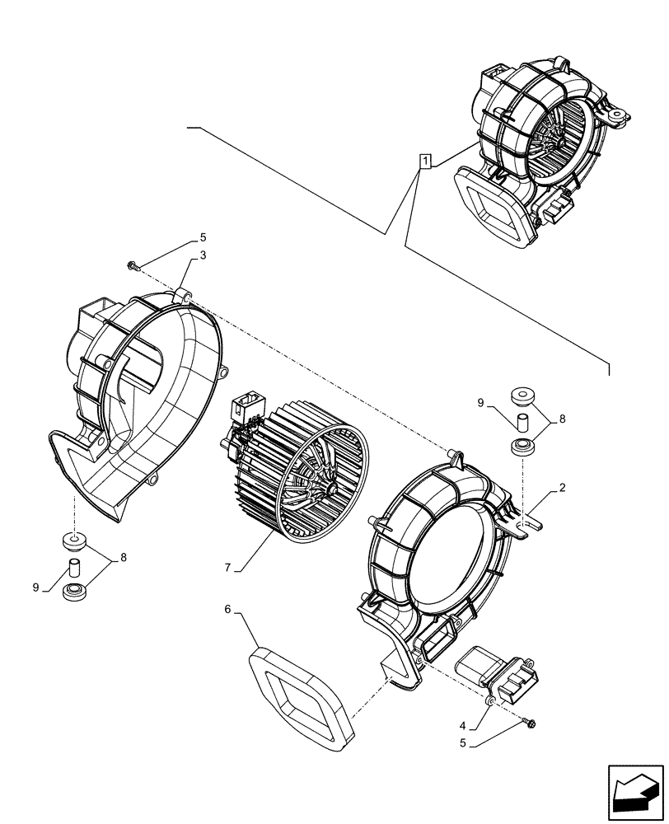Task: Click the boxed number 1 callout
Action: click(x=424, y=161)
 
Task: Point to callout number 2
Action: click(x=561, y=488)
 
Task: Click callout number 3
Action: click(x=203, y=255)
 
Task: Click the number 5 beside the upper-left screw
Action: click(x=203, y=238)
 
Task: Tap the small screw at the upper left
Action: click(x=132, y=265)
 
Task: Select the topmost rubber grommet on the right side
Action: click(x=522, y=397)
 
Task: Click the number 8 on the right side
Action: click(x=562, y=419)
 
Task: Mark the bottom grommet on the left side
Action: click(x=74, y=591)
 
